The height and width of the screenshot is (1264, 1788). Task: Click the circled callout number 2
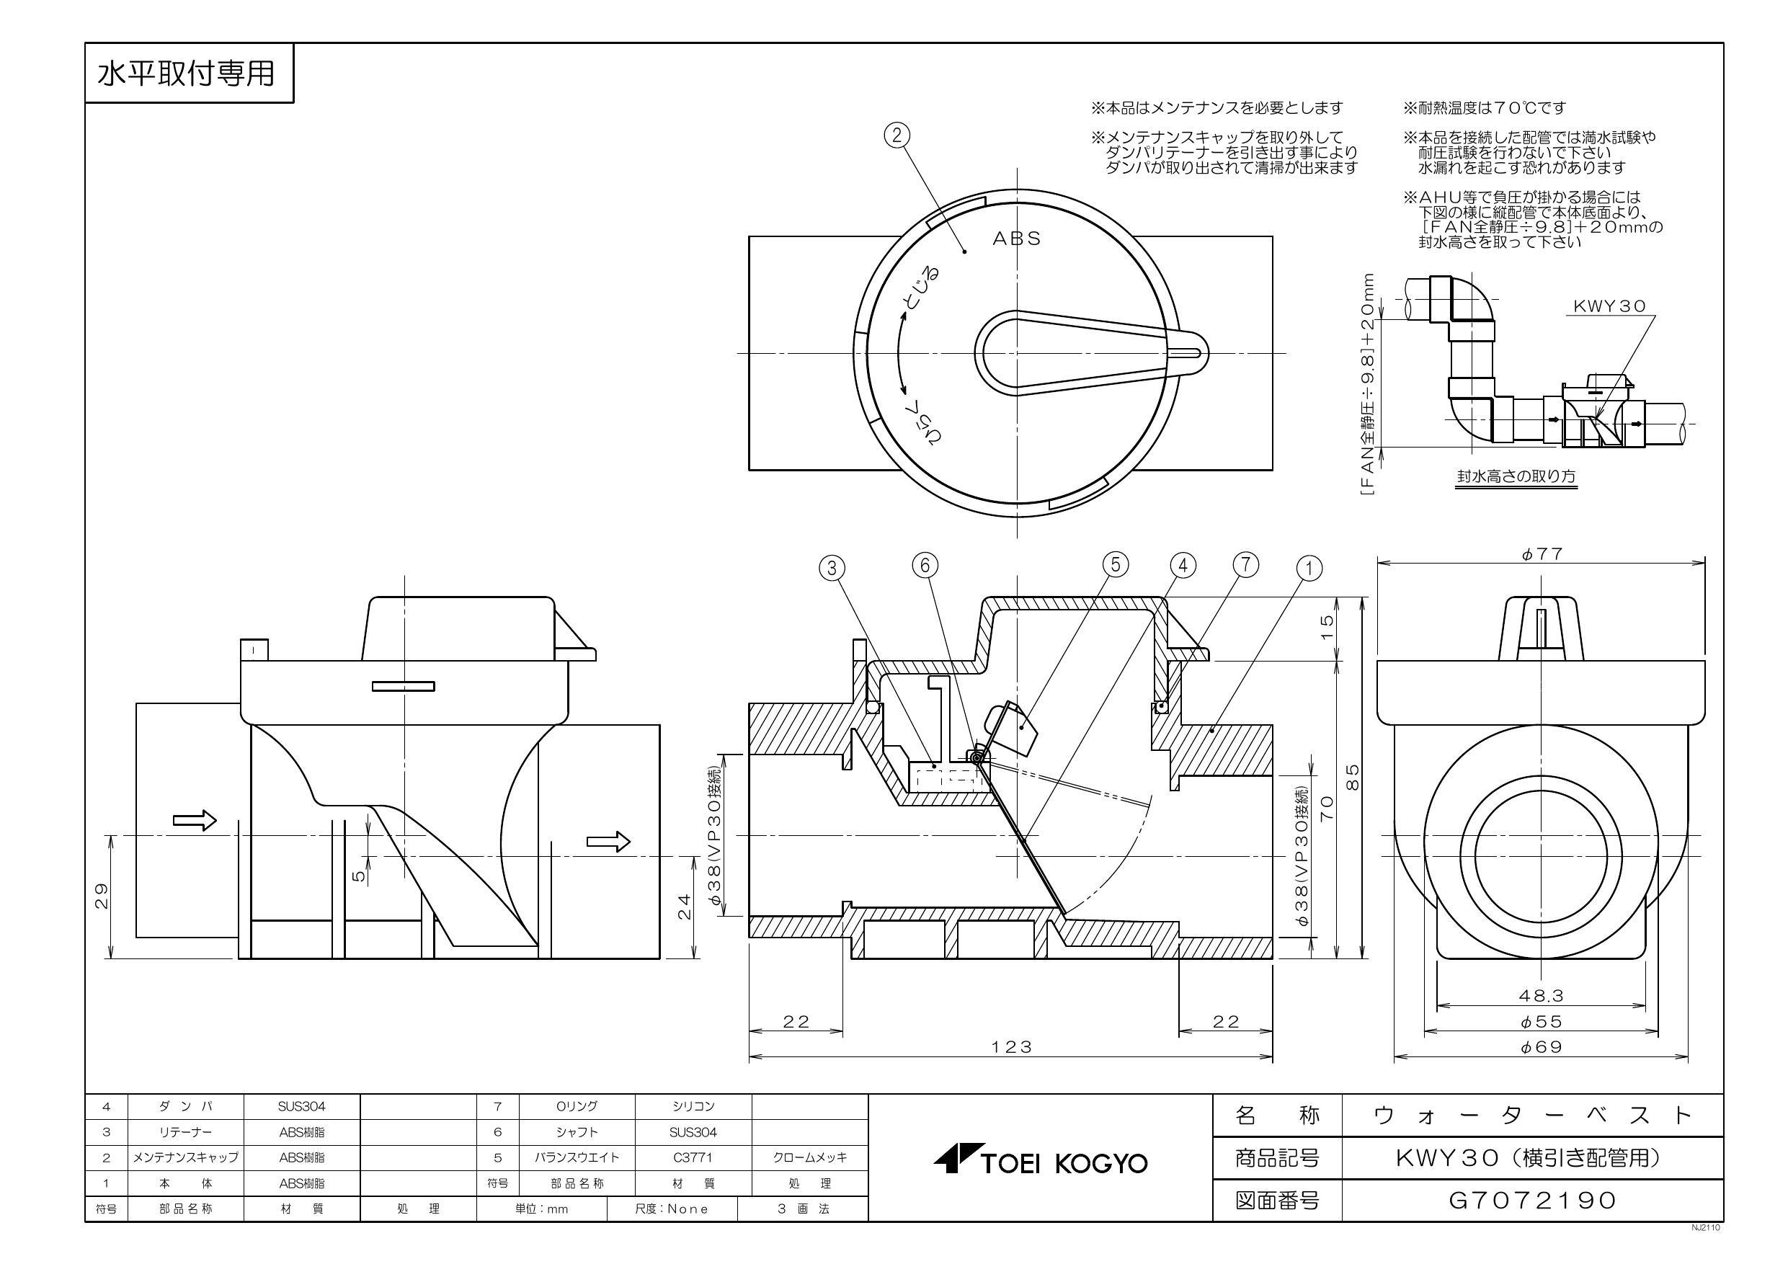[x=897, y=135]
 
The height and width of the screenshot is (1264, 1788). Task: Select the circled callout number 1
[x=1309, y=569]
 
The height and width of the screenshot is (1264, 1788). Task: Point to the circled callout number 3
[x=832, y=568]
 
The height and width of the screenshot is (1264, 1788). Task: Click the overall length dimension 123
[x=1011, y=1046]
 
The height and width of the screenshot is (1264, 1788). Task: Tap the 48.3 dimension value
[x=1541, y=995]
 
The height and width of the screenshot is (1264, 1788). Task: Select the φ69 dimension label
[x=1541, y=1046]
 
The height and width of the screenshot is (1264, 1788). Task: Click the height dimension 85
[x=1353, y=776]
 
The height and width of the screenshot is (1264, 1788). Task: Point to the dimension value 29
[x=101, y=896]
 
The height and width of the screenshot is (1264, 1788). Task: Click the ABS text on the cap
[x=1016, y=239]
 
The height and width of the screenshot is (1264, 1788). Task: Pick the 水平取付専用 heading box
[x=187, y=74]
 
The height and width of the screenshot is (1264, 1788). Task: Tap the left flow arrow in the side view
[x=194, y=819]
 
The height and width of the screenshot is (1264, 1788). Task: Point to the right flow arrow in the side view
[x=608, y=840]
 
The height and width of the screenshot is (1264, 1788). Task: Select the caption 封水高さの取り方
[x=1516, y=476]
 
